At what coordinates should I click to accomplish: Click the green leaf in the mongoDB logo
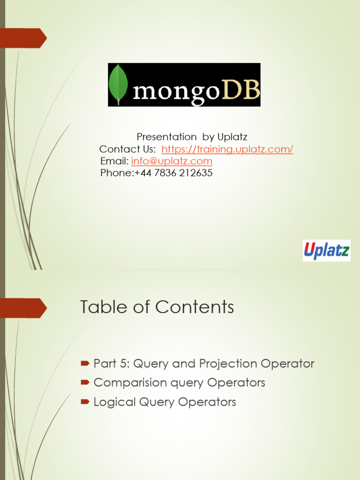pos(118,84)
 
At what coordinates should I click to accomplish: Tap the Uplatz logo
pos(326,251)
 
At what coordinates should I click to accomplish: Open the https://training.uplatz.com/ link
pos(227,149)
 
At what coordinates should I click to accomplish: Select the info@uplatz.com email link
pos(172,161)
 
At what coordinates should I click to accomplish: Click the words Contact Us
pos(127,149)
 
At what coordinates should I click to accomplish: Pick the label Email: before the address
pos(114,161)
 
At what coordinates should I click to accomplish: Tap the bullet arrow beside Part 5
pos(85,363)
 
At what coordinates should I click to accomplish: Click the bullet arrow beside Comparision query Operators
pos(85,382)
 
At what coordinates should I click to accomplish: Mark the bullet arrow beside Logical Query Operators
pos(85,402)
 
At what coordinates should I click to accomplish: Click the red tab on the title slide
pos(25,38)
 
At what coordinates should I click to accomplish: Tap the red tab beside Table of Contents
pos(25,308)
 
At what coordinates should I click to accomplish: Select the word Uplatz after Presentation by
pos(232,137)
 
